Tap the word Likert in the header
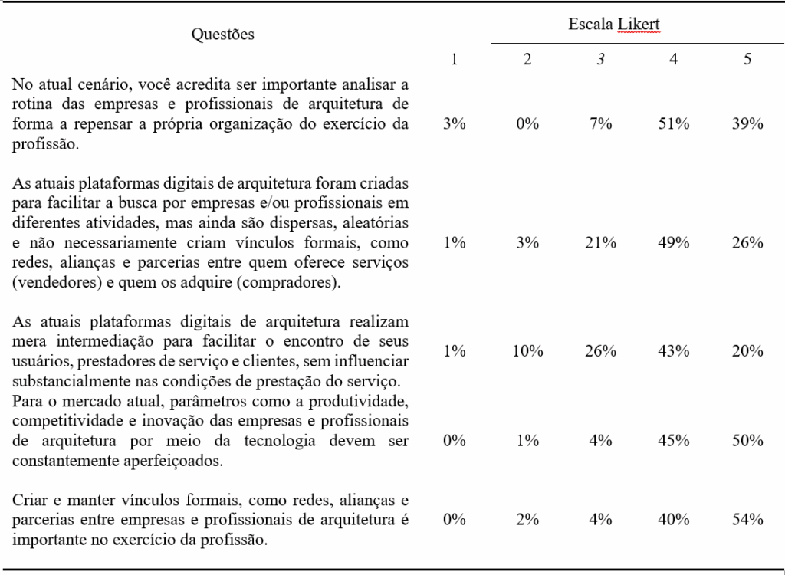tap(642, 25)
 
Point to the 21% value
tap(602, 243)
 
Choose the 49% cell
tap(673, 243)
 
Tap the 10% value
tap(528, 351)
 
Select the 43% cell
tap(673, 351)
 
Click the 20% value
tap(747, 351)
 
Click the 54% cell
tap(747, 519)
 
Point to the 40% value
tap(673, 519)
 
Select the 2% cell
tap(528, 519)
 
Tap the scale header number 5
tap(747, 60)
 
